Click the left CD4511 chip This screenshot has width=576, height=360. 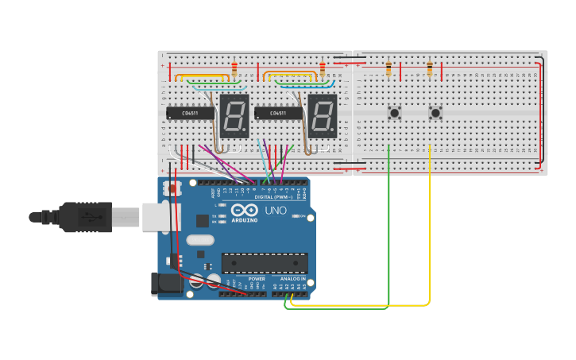click(190, 114)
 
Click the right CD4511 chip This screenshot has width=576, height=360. click(278, 114)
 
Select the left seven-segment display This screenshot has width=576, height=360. click(234, 116)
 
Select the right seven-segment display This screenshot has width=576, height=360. click(323, 116)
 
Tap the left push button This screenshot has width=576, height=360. click(394, 113)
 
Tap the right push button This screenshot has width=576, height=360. click(435, 113)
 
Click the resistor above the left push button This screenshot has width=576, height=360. click(389, 70)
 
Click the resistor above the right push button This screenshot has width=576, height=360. click(430, 70)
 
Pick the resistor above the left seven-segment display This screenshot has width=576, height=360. click(234, 70)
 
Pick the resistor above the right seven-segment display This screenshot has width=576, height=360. click(322, 70)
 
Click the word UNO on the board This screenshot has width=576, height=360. click(275, 210)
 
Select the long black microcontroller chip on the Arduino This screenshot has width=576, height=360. click(265, 262)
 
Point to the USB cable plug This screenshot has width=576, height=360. click(87, 217)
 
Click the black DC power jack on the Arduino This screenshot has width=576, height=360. click(162, 284)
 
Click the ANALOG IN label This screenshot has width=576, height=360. click(292, 279)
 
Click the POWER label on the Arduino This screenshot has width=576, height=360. click(257, 279)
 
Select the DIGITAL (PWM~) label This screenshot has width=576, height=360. click(278, 196)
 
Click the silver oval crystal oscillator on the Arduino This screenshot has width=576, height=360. click(200, 240)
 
